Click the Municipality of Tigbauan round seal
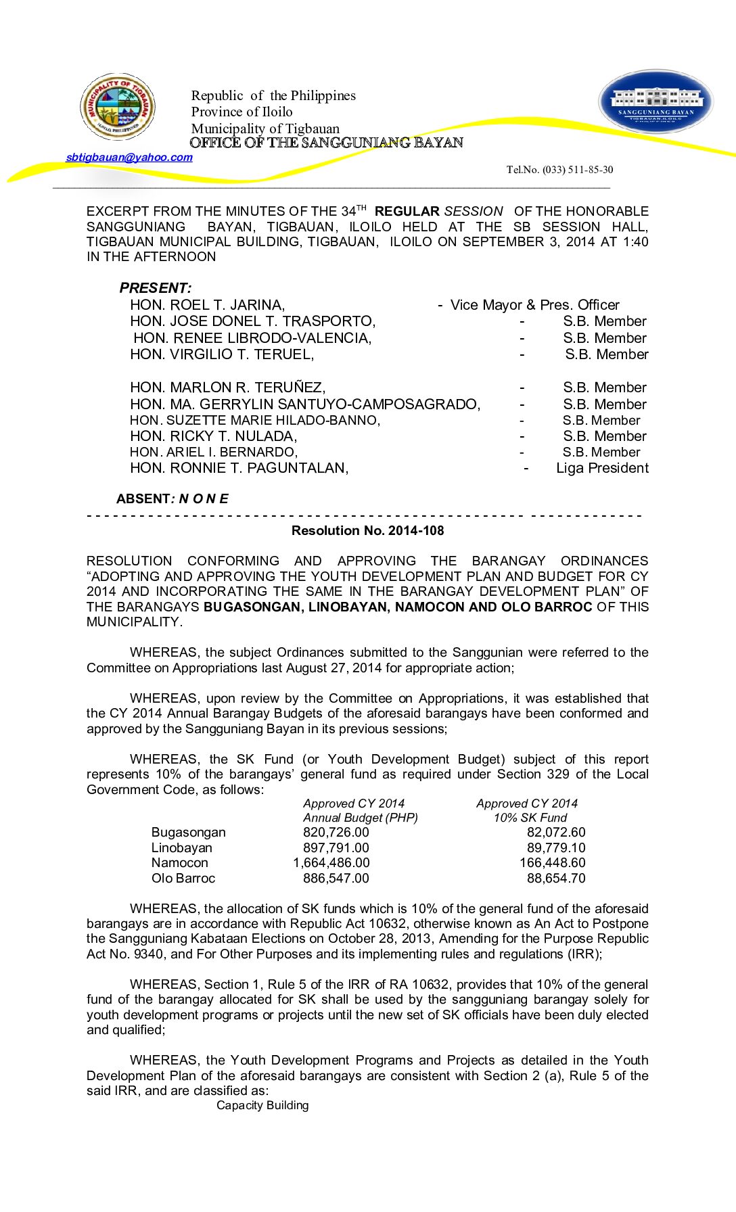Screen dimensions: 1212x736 click(118, 106)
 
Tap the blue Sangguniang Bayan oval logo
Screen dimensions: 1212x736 click(655, 102)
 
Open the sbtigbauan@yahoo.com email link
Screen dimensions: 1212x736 click(129, 158)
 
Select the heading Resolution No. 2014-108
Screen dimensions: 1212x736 click(367, 531)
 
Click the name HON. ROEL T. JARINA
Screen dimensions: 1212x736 click(207, 305)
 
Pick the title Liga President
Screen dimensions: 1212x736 click(602, 468)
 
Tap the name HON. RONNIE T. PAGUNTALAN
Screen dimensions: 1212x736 click(239, 468)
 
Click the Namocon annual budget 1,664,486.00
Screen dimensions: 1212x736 click(331, 863)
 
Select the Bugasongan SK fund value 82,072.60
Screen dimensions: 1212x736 click(556, 833)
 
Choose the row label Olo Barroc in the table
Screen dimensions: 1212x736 click(183, 879)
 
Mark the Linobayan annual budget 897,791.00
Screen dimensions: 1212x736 click(336, 848)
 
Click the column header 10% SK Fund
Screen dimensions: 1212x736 click(530, 818)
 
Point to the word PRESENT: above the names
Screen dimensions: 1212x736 click(156, 288)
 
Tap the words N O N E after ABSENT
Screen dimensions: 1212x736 click(204, 499)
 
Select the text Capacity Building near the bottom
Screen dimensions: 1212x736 click(262, 1106)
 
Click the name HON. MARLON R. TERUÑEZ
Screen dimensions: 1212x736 click(228, 388)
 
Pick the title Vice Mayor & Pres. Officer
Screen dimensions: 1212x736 click(534, 305)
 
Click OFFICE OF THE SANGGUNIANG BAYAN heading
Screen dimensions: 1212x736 click(326, 143)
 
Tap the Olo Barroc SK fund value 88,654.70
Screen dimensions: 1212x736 click(556, 879)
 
